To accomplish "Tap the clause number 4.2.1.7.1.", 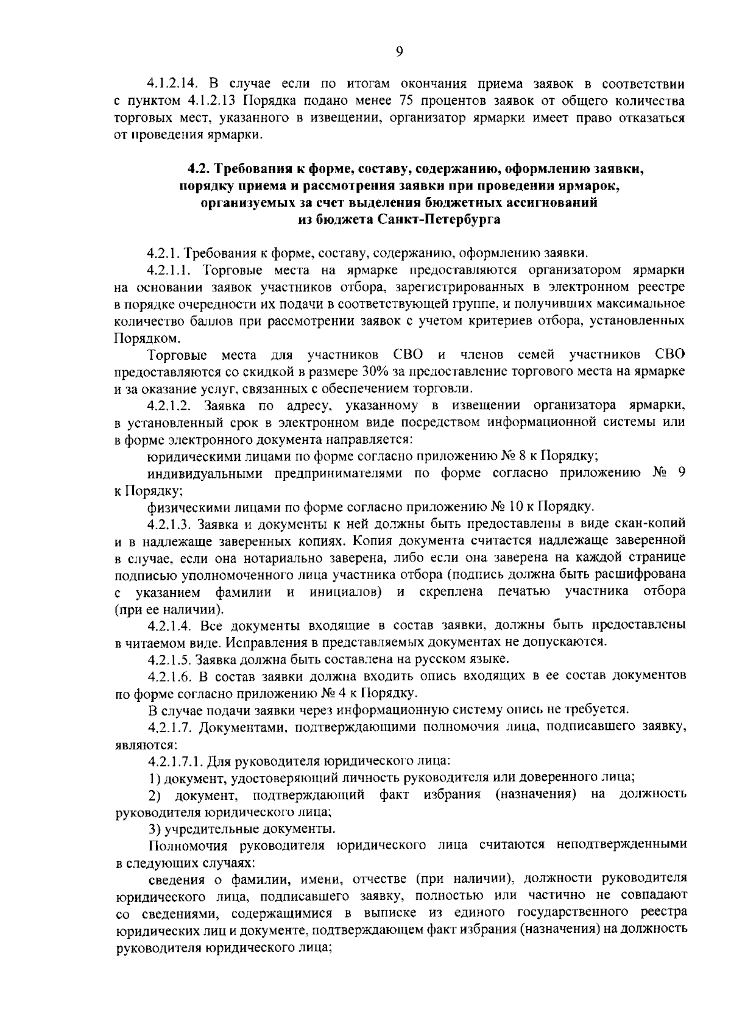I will coord(176,761).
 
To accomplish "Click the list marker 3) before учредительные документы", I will coord(155,829).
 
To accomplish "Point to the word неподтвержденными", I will coord(621,845).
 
